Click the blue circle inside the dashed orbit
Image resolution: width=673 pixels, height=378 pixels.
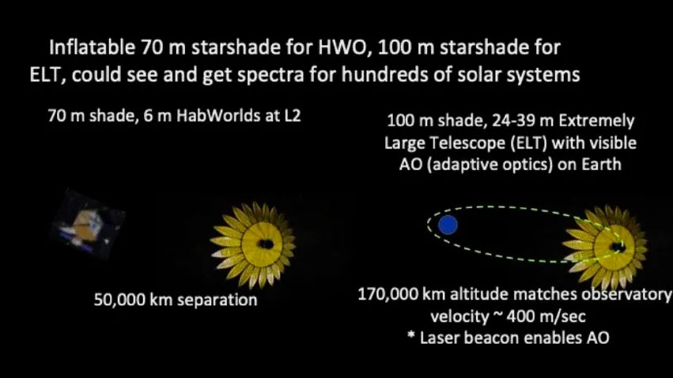pyautogui.click(x=448, y=225)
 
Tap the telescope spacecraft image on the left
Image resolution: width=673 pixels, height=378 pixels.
pyautogui.click(x=88, y=224)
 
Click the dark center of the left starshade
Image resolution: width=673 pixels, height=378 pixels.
pyautogui.click(x=266, y=244)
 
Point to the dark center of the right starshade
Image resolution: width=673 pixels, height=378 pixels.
pyautogui.click(x=618, y=247)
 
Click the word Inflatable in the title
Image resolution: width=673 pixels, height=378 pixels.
pyautogui.click(x=92, y=47)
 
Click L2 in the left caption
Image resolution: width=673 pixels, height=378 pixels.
pyautogui.click(x=292, y=115)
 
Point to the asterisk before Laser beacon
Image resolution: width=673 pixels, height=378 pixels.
pyautogui.click(x=410, y=335)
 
